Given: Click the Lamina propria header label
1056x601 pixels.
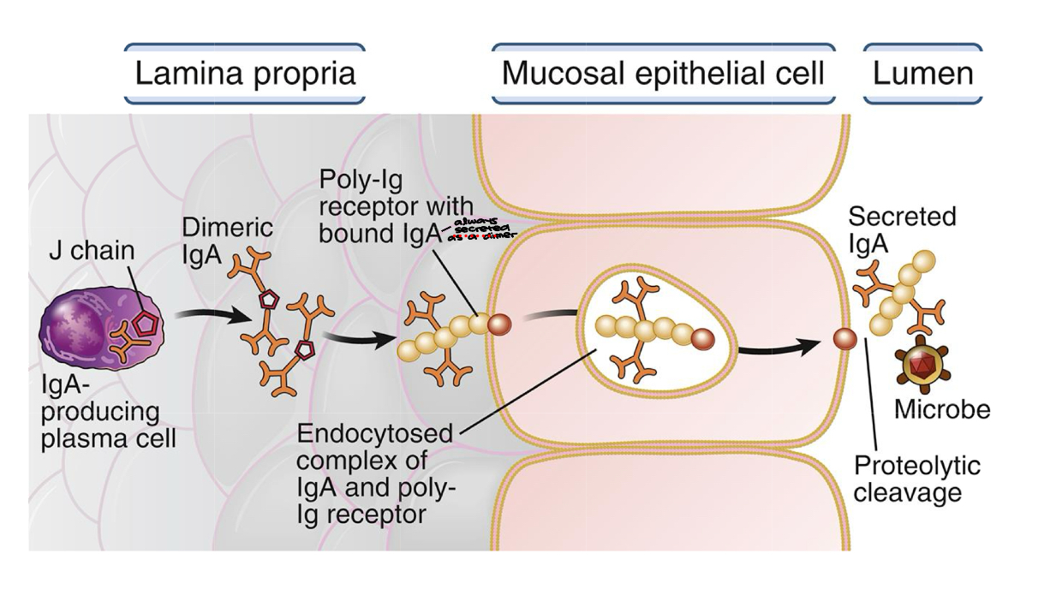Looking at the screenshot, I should click(x=245, y=74).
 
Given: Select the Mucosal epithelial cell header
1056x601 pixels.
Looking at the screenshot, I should click(x=663, y=74).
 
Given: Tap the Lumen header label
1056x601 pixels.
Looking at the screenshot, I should click(x=922, y=74).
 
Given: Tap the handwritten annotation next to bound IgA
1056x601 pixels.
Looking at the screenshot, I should click(x=466, y=230).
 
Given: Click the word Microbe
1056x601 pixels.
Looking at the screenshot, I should click(x=942, y=409).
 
